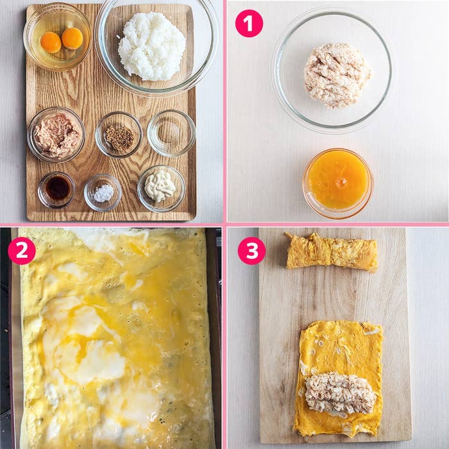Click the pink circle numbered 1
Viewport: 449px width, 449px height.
coord(249,24)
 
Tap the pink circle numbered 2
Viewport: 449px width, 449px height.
coord(22,251)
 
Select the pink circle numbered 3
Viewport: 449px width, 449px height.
coord(251,251)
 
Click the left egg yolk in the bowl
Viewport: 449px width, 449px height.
coord(51,42)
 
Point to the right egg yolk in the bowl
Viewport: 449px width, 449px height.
coord(72,38)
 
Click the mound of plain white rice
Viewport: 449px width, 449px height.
coord(151,46)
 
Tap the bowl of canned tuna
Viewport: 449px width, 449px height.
coord(56,135)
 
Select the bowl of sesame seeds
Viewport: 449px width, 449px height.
coord(119,135)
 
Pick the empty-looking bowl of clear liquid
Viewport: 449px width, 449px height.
coord(171,133)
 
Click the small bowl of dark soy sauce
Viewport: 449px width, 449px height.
coord(56,190)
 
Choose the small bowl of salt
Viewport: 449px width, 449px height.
coord(103,192)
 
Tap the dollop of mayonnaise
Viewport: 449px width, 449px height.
coord(160,186)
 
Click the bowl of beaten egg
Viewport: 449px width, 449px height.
coord(338,183)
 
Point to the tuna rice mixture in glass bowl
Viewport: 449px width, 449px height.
coord(337,76)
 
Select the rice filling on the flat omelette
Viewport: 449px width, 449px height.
coord(340,393)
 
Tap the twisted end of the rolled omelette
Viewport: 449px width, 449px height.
coord(289,235)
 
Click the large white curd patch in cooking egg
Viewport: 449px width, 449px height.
coord(94,361)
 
